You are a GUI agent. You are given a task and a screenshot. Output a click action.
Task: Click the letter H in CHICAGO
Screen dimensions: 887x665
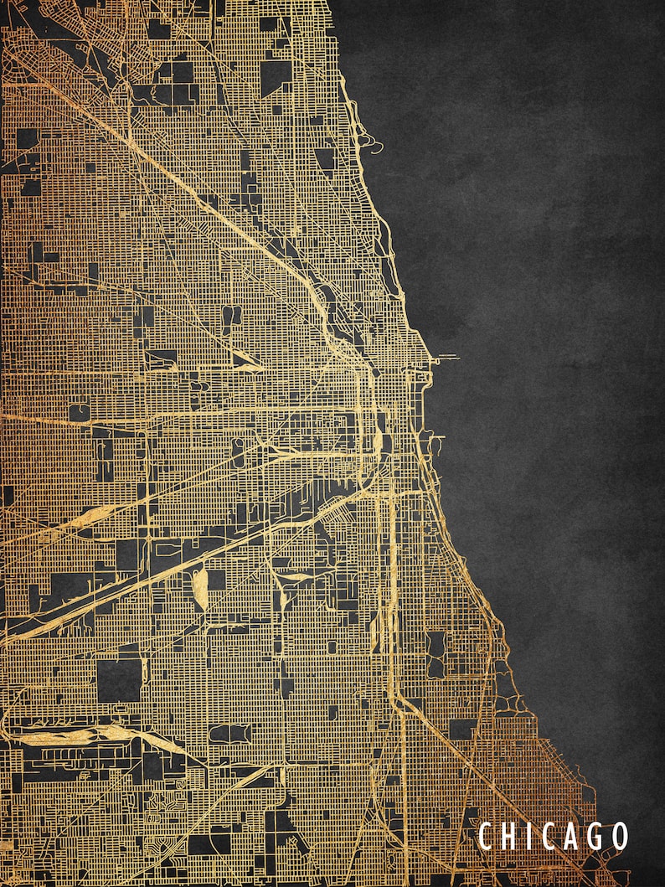(x=508, y=836)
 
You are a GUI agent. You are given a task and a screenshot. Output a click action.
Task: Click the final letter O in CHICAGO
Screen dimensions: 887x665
(x=620, y=836)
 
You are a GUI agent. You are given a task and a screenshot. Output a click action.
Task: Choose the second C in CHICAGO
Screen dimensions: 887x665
(x=546, y=836)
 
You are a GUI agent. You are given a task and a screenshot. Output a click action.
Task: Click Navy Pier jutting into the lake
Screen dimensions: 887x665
(x=446, y=358)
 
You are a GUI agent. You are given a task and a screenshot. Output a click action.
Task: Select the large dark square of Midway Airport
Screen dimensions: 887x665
(x=119, y=679)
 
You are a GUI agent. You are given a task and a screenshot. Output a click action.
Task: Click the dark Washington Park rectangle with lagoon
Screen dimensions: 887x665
(x=435, y=654)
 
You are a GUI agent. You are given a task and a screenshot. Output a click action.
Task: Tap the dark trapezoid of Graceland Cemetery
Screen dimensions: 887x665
(x=325, y=158)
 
